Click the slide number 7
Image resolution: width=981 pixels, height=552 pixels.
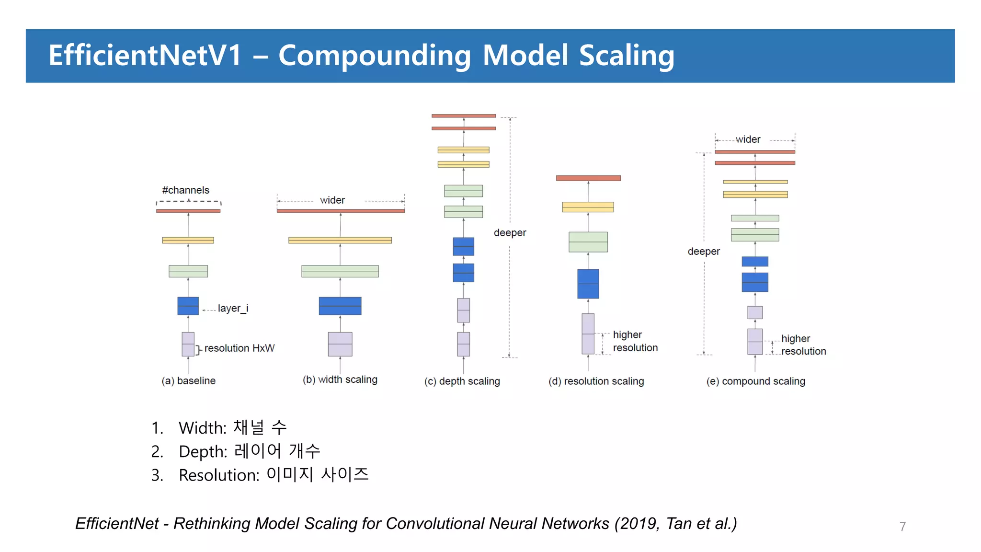point(902,527)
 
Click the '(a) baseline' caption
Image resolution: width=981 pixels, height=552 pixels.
point(188,380)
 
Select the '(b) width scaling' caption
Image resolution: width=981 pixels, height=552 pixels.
point(340,379)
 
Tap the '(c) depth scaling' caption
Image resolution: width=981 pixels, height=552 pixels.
point(462,381)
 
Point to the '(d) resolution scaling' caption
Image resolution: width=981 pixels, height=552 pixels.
point(596,381)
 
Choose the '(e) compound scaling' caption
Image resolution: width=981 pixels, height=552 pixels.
point(755,381)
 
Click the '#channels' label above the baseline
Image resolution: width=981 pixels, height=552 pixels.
point(185,190)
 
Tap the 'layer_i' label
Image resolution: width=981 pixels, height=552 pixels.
point(233,308)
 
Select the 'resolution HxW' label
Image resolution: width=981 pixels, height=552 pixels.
point(239,348)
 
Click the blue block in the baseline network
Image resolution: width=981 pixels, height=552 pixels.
point(188,306)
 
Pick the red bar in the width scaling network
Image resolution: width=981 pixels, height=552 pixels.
point(341,211)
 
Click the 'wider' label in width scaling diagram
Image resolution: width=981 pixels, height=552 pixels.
point(332,200)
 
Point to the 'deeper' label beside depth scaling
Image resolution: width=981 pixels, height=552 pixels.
point(510,233)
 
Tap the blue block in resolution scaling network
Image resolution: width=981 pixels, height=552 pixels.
point(588,284)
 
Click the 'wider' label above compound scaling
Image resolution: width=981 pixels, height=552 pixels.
point(748,139)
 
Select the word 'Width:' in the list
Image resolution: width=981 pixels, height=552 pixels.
point(202,428)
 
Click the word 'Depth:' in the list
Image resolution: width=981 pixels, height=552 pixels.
point(203,451)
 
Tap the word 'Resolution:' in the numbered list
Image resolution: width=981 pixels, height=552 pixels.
point(218,475)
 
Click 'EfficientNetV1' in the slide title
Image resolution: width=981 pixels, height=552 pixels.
point(145,55)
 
